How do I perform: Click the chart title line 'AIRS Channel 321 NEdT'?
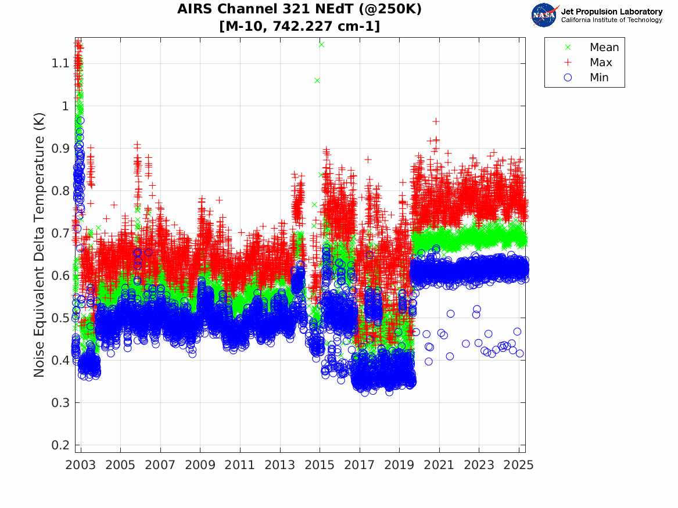(x=299, y=9)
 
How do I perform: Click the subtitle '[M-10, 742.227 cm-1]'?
(x=299, y=26)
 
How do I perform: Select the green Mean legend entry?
(x=604, y=48)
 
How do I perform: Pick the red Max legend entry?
(x=601, y=63)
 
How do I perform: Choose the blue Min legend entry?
(x=600, y=78)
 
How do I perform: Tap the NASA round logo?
(x=544, y=15)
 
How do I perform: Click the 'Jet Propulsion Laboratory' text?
(x=612, y=12)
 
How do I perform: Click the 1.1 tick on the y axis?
(x=59, y=63)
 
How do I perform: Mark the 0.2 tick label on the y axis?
(x=59, y=445)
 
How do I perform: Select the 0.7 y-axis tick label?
(x=59, y=233)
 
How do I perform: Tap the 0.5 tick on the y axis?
(x=59, y=318)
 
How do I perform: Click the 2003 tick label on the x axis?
(x=81, y=465)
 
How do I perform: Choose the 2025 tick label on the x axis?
(x=519, y=465)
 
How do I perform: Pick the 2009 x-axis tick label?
(x=200, y=465)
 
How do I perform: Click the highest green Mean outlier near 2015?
(x=321, y=44)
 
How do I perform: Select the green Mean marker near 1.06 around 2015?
(x=317, y=80)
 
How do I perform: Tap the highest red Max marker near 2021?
(x=436, y=121)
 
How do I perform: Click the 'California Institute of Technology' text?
(x=612, y=20)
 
